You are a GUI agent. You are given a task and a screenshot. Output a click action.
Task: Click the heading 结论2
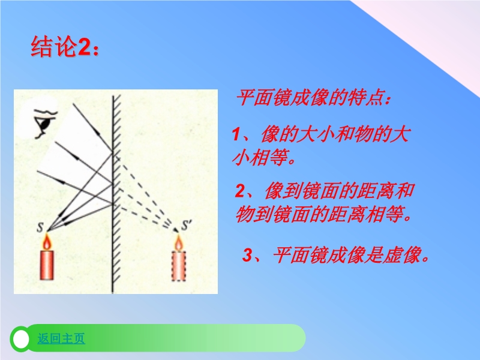(65, 47)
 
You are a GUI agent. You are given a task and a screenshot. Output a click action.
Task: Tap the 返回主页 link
(61, 338)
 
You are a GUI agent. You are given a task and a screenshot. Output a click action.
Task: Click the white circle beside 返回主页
(21, 339)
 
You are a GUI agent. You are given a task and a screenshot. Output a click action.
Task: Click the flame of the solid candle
(47, 242)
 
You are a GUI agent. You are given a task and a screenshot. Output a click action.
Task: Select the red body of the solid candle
(47, 265)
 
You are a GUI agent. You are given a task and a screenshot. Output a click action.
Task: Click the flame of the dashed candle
(178, 242)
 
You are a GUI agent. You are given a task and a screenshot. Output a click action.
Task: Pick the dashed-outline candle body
(178, 266)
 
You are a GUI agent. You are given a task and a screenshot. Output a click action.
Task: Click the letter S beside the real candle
(40, 227)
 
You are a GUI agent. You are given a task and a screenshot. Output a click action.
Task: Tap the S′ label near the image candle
(187, 225)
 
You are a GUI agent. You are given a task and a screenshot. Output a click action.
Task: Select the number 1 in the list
(236, 134)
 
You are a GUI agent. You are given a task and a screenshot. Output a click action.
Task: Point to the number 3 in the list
(247, 254)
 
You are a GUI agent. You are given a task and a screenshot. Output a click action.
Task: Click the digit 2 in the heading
(84, 47)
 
